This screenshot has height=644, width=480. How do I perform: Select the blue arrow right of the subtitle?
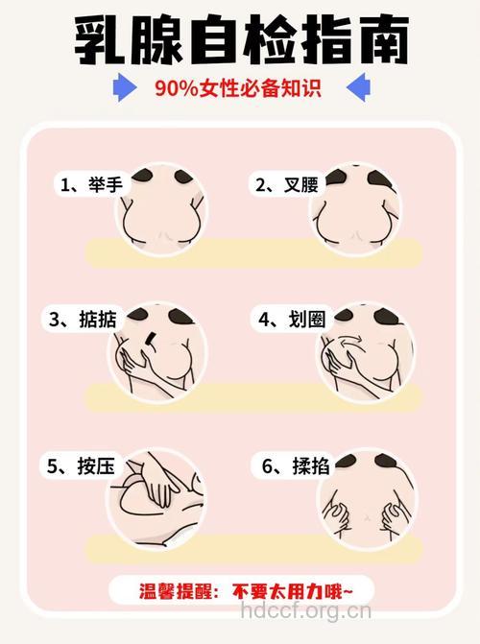pyautogui.click(x=357, y=89)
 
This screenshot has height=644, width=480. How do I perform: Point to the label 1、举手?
pyautogui.click(x=91, y=184)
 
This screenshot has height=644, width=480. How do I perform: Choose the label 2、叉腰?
pyautogui.click(x=286, y=184)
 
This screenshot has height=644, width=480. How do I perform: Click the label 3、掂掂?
pyautogui.click(x=83, y=320)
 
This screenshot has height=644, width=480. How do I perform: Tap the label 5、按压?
pyautogui.click(x=83, y=467)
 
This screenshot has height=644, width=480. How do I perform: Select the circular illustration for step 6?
pyautogui.click(x=364, y=495)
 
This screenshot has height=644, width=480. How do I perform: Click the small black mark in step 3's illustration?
pyautogui.click(x=152, y=339)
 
